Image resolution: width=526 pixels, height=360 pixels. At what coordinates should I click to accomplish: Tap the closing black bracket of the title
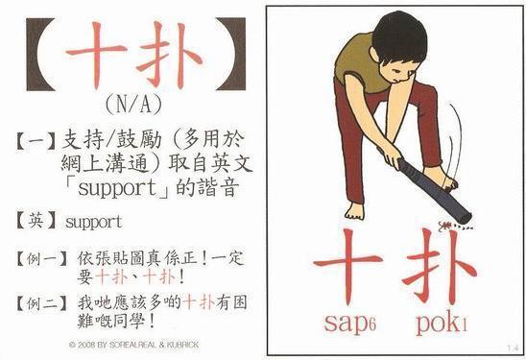pyautogui.click(x=235, y=55)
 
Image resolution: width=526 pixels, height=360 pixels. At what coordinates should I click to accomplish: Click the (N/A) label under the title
pyautogui.click(x=133, y=105)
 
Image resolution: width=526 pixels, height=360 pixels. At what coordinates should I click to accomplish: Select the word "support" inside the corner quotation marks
pyautogui.click(x=117, y=188)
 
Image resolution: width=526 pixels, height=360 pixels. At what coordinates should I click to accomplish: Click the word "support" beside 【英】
pyautogui.click(x=94, y=223)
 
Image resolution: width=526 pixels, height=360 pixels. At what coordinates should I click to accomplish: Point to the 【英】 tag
pyautogui.click(x=36, y=222)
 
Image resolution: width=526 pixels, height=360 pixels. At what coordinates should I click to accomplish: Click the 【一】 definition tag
pyautogui.click(x=36, y=141)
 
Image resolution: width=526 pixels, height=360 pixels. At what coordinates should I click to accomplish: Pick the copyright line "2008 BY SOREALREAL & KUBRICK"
pyautogui.click(x=133, y=345)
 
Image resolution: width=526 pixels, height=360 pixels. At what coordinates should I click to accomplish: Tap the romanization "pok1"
pyautogui.click(x=442, y=324)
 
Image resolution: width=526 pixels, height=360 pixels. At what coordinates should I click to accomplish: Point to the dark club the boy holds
pyautogui.click(x=432, y=189)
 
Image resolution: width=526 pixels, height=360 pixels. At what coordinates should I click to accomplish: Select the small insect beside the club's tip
pyautogui.click(x=445, y=226)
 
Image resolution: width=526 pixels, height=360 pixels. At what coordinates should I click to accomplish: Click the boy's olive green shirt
pyautogui.click(x=359, y=63)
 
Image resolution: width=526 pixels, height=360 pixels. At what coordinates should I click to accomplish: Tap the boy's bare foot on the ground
pyautogui.click(x=354, y=211)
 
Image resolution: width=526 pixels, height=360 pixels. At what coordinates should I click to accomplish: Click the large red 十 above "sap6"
pyautogui.click(x=347, y=265)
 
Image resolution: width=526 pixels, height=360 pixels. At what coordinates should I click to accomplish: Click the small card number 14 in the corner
pyautogui.click(x=513, y=348)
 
